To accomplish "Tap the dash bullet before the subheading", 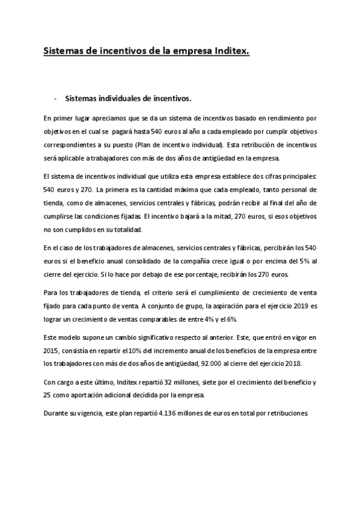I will (55, 97).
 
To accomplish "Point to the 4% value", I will (206, 319).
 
